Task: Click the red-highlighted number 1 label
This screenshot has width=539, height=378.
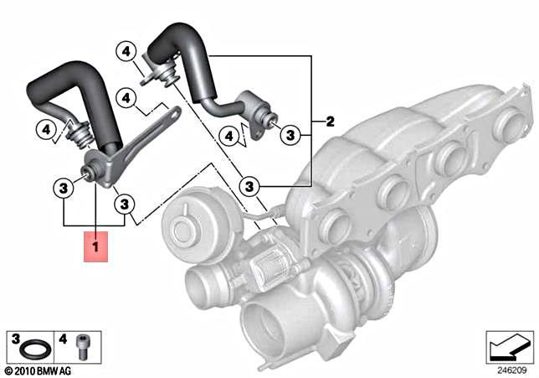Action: (95, 246)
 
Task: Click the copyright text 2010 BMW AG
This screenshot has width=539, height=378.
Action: (39, 369)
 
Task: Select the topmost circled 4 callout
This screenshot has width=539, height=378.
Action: (126, 52)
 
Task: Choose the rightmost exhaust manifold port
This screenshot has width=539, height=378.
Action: (507, 126)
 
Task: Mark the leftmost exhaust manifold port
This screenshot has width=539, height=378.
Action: (336, 225)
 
